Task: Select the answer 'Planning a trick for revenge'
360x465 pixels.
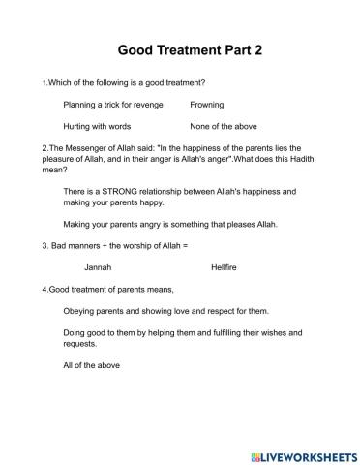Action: pos(113,104)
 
